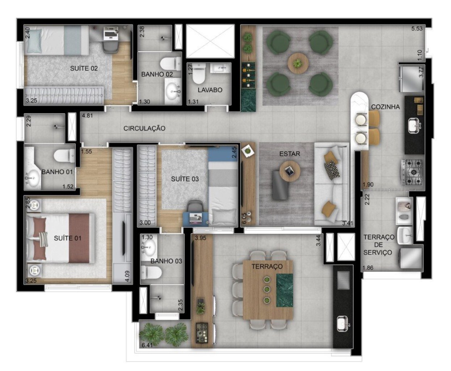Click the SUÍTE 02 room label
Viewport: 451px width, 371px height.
[x=84, y=68]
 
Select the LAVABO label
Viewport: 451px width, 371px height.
[x=210, y=90]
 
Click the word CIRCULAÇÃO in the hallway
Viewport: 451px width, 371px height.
[x=144, y=128]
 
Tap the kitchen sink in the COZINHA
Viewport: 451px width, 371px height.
[x=413, y=126]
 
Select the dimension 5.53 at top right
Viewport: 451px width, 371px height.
[x=417, y=29]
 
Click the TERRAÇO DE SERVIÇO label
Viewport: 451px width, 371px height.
[x=379, y=245]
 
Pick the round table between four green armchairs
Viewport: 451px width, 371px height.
[x=298, y=64]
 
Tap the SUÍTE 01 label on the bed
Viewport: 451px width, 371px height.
[x=68, y=238]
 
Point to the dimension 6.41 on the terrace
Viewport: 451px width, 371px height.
[x=147, y=345]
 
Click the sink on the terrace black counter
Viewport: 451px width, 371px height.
[x=342, y=323]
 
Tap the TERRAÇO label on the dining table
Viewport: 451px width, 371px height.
[x=267, y=266]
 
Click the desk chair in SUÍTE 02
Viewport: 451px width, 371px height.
[x=110, y=46]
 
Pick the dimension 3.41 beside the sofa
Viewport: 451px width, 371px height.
[x=347, y=223]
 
